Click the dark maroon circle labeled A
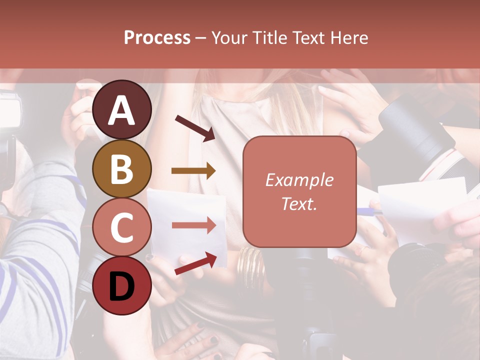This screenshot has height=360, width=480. tap(122, 109)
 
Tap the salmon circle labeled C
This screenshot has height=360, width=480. tap(122, 227)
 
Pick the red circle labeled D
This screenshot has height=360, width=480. tap(122, 285)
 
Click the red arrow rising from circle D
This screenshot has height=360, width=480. tap(195, 264)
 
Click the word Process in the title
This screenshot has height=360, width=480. tap(157, 37)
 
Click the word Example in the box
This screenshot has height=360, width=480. tap(299, 180)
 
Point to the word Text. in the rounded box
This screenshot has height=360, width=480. tap(299, 203)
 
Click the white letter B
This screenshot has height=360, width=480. tap(122, 168)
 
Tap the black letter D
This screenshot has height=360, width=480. tap(122, 286)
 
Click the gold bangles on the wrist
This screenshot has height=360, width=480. tap(252, 267)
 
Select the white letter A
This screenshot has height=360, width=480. tap(122, 110)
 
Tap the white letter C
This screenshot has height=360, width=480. tap(122, 227)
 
